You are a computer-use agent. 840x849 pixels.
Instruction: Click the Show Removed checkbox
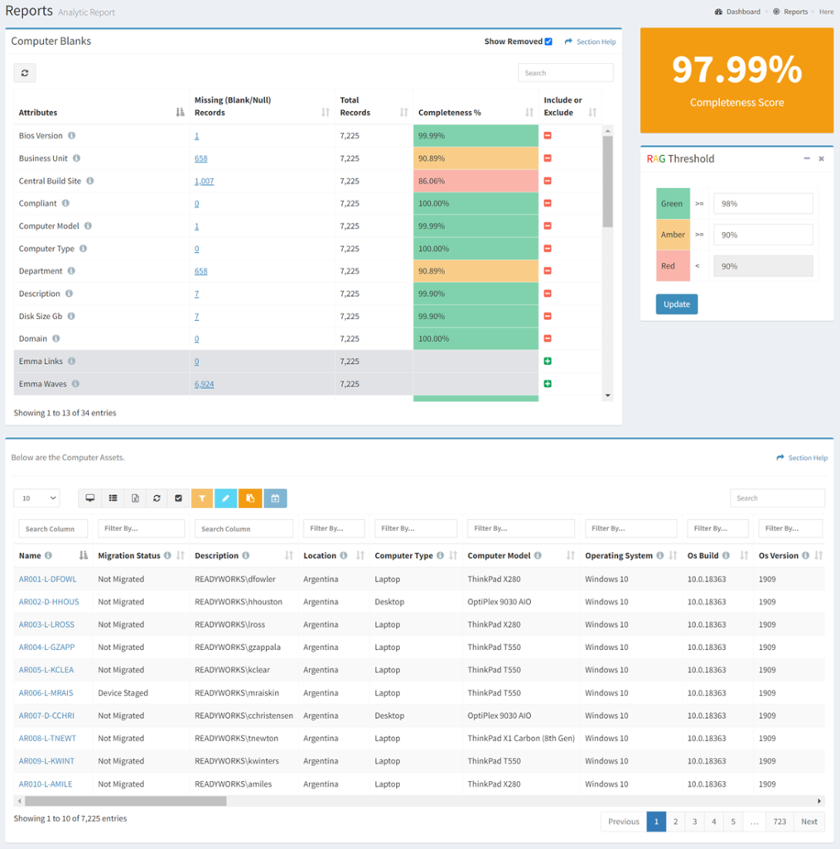click(548, 41)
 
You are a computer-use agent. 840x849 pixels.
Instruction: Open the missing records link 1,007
click(204, 181)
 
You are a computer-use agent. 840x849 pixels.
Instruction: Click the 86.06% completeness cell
click(475, 181)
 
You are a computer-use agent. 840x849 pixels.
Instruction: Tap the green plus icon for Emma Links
click(548, 361)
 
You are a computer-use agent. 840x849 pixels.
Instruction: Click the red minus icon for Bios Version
click(548, 136)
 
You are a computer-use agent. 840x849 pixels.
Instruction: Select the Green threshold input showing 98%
click(762, 204)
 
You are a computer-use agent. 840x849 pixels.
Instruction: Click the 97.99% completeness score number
click(736, 70)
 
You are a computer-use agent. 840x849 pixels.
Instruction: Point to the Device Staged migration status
click(123, 693)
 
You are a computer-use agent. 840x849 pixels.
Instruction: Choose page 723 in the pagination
click(779, 822)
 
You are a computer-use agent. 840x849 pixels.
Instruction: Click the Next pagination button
click(809, 822)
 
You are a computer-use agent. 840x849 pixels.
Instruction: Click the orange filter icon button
click(202, 498)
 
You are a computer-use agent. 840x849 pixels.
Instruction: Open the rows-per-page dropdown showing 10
click(36, 498)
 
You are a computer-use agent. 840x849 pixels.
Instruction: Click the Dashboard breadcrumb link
click(742, 12)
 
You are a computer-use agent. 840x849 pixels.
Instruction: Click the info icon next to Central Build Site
click(90, 181)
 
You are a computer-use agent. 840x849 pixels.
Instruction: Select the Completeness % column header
click(450, 113)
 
